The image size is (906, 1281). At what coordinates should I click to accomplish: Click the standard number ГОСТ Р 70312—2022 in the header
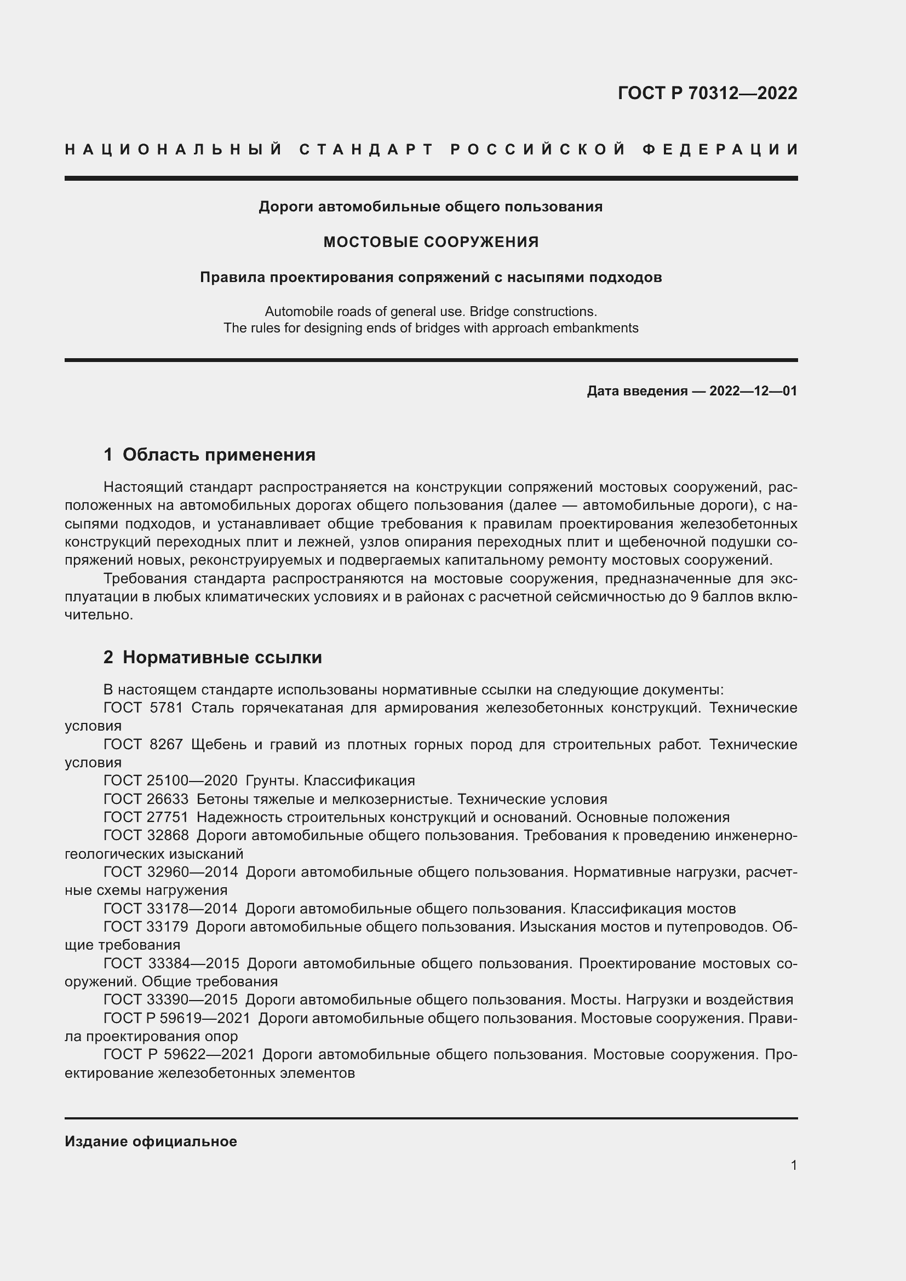[x=707, y=93]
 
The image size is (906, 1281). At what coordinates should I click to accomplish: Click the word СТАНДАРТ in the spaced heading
[x=366, y=150]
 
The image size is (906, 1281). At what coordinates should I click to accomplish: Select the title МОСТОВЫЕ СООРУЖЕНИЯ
[x=431, y=242]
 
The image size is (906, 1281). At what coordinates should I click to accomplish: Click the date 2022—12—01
[x=753, y=391]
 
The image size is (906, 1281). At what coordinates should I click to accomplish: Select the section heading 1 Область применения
[x=209, y=455]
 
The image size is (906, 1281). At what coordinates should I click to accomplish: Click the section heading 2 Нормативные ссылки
[x=213, y=657]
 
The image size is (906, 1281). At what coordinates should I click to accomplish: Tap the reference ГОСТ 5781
[x=143, y=708]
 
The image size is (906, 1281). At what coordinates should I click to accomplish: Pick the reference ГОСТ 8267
[x=143, y=745]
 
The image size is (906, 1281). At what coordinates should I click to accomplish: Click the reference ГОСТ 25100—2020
[x=170, y=780]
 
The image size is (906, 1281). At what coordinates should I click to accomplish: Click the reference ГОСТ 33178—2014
[x=170, y=909]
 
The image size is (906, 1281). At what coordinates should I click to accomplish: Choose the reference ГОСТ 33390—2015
[x=170, y=1000]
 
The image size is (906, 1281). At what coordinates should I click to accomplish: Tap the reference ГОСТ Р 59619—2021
[x=177, y=1018]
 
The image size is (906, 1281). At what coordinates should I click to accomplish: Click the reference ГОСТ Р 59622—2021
[x=179, y=1054]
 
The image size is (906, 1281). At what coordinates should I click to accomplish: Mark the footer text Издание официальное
[x=151, y=1141]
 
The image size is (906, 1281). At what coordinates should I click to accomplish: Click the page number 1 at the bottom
[x=794, y=1165]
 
